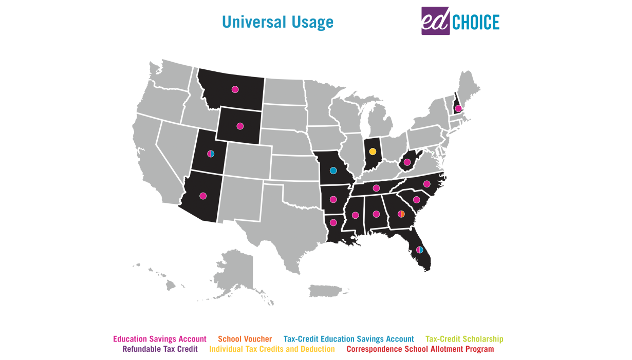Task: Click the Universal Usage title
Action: pos(277,23)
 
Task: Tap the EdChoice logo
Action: pos(460,21)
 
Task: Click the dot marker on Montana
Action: pos(235,89)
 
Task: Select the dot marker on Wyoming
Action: pos(240,126)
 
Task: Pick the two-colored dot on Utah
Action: pos(211,154)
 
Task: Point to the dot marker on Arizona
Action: pos(203,196)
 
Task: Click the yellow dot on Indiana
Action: pos(373,151)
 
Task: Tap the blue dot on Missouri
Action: pos(333,170)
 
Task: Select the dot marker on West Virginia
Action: pos(407,162)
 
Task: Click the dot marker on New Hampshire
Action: pos(458,108)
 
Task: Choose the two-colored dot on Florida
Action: pos(420,250)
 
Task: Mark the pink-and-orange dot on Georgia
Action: pos(401,214)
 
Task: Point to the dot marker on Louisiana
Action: pos(333,222)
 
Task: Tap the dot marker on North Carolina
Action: pos(426,184)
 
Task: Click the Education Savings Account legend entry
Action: pos(160,339)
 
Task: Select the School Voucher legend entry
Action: pos(245,339)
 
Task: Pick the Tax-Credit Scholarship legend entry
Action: pos(464,339)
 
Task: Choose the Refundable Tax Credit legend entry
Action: pos(160,349)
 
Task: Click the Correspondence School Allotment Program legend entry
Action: pos(420,349)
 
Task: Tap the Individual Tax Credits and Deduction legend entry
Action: pos(272,349)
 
